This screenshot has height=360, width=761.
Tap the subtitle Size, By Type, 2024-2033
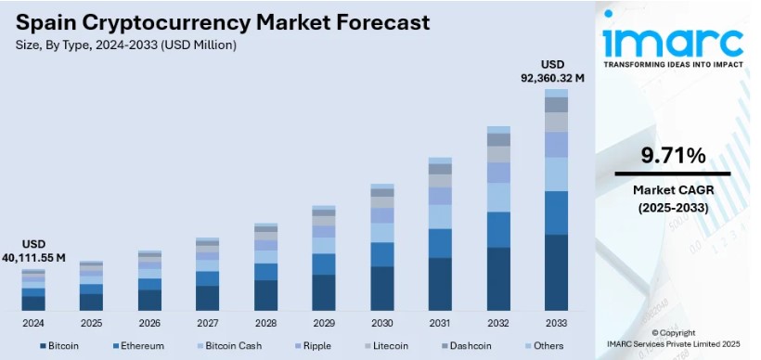pos(125,45)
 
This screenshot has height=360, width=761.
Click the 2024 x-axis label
pos(33,323)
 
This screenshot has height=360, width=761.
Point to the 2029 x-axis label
pos(323,323)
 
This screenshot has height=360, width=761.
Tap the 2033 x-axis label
pos(556,323)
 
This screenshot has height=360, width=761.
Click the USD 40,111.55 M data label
pos(33,251)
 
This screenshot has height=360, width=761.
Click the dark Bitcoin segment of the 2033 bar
pos(556,273)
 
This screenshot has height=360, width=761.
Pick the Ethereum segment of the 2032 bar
pos(498,229)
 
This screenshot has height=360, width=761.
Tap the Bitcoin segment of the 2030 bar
pos(382,288)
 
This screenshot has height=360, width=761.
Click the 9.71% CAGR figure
pos(672,154)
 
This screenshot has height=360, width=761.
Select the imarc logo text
pos(672,42)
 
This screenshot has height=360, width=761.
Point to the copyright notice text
pos(672,339)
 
